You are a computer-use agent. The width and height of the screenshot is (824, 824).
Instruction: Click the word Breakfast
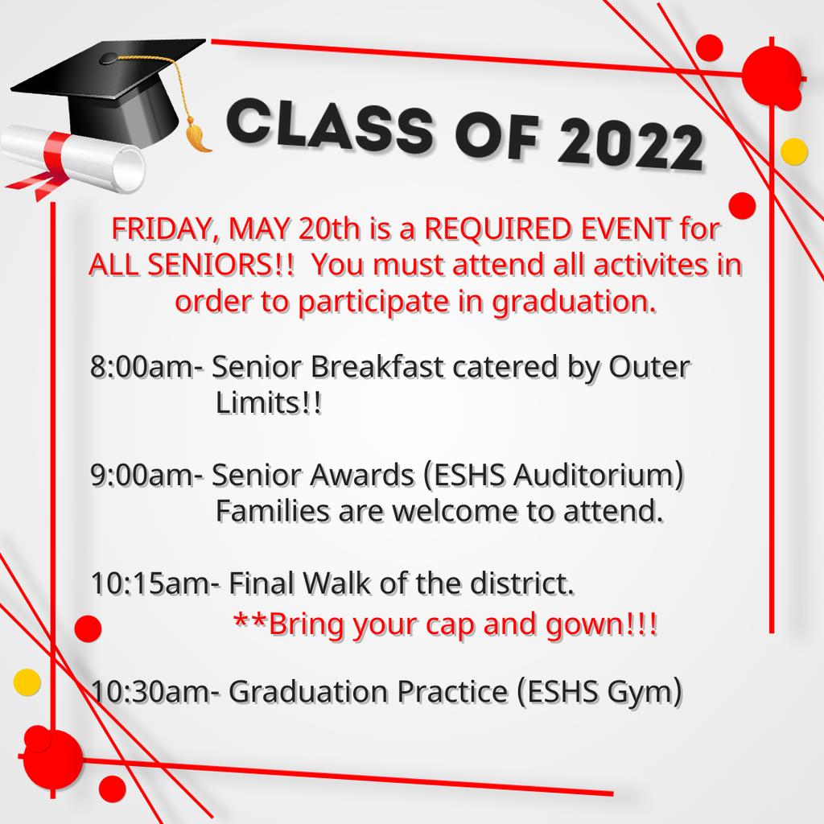pos(377,367)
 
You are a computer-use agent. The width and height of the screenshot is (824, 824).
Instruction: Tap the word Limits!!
pos(268,403)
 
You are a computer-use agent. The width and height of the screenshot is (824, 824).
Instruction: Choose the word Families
pos(272,511)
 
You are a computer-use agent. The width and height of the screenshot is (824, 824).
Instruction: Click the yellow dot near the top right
pos(793,152)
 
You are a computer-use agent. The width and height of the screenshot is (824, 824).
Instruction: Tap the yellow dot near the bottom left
pos(27,682)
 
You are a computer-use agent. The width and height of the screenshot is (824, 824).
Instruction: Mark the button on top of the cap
pos(109,58)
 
